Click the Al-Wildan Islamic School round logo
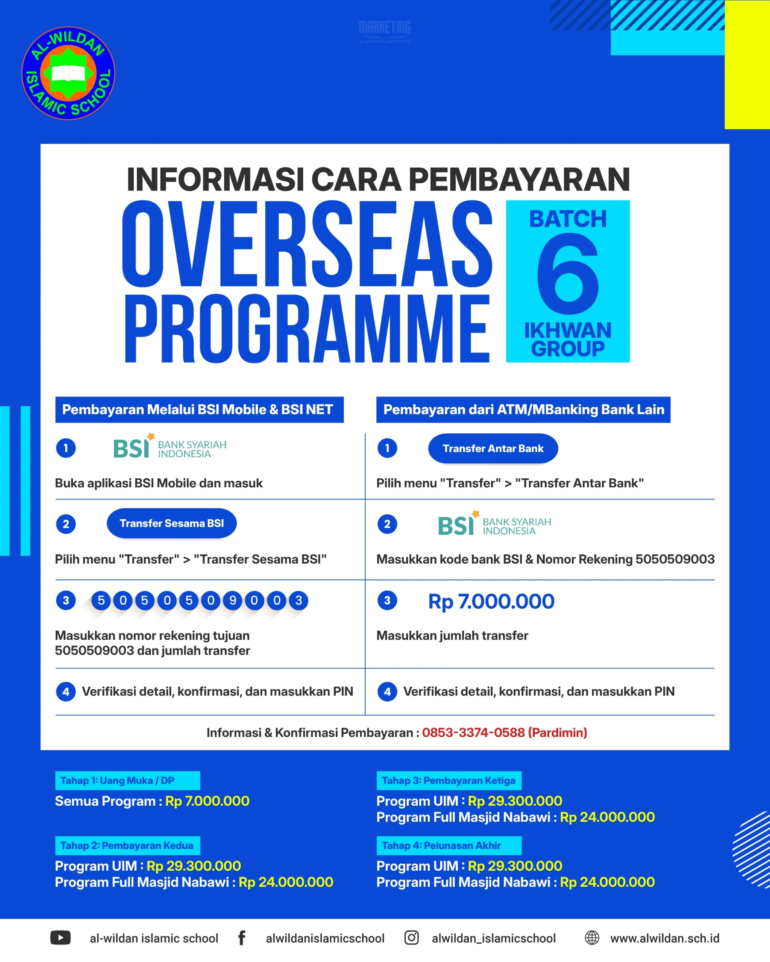coord(68,73)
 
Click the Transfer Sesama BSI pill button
coord(171,523)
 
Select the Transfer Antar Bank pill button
coord(493,448)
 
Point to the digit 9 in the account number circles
coord(233,600)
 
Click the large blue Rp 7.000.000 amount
coord(491,602)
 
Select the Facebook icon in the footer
coord(241,938)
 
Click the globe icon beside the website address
coord(592,938)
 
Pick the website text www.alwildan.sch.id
coord(665,938)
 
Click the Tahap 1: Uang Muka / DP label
coord(117,781)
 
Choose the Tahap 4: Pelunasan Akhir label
coord(441,846)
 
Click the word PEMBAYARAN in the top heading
coord(519,179)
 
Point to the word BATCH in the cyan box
coord(568,219)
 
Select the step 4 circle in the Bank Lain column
coord(387,691)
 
